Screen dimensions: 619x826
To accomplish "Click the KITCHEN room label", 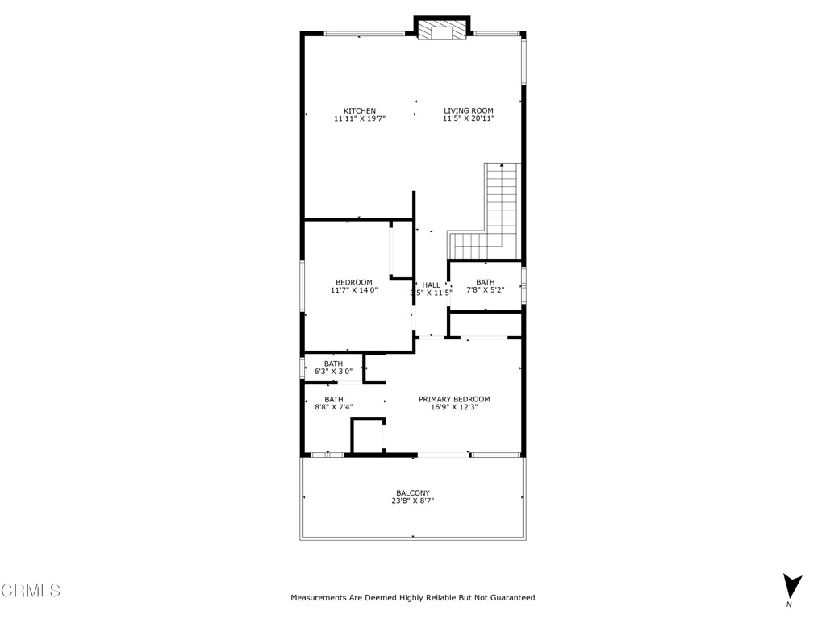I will coord(359,110).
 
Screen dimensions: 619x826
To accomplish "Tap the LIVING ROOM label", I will coord(468,110).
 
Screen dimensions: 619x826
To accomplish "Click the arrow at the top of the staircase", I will coord(502,165).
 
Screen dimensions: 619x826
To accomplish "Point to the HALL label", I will coord(432,285).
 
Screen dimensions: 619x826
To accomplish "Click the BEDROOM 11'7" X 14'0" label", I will coord(354,282).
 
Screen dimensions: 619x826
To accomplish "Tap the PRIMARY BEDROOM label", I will coord(453,399).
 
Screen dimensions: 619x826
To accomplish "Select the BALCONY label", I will coord(412,493).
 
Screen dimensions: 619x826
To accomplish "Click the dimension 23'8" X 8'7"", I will coord(412,501).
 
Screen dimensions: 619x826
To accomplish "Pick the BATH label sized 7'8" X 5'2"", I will coord(485,282).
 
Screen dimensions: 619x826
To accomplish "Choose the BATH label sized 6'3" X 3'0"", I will coord(333,364).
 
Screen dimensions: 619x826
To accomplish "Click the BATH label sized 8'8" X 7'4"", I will coord(333,399).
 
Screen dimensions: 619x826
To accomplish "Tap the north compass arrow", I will coord(792,584).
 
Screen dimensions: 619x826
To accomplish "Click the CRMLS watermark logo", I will coord(31,591).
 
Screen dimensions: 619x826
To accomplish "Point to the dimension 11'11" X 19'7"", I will coord(359,118).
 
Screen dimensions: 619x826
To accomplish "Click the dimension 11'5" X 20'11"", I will coord(468,118).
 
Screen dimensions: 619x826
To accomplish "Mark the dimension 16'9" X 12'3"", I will coord(453,407).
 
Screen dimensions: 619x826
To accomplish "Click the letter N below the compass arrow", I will coord(790,604).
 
